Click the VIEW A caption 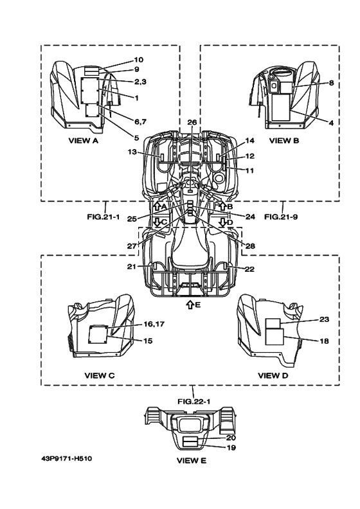point(83,141)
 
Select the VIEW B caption point(284,141)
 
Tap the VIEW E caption point(192,460)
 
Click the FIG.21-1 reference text point(103,217)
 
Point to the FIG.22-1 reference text point(194,402)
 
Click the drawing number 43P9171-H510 point(67,458)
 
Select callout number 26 point(192,122)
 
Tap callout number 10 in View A point(139,60)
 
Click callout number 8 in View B point(331,83)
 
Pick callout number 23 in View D point(324,319)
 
